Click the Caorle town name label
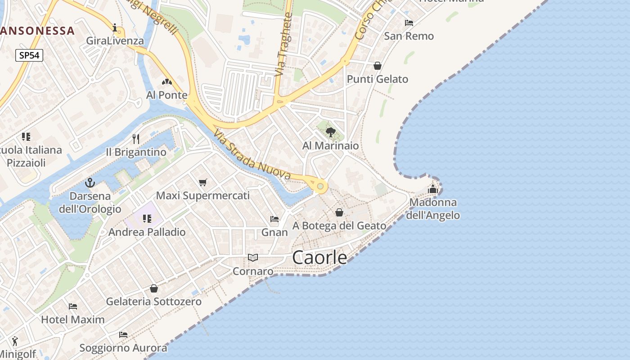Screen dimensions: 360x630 (319, 257)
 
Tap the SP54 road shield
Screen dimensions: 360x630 (29, 55)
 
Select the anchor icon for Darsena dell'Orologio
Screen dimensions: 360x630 (90, 183)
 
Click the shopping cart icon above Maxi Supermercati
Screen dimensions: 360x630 (202, 182)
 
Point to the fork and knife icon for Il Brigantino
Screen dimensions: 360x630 (136, 139)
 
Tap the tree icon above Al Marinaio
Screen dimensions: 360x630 (330, 132)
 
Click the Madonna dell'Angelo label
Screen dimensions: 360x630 (433, 209)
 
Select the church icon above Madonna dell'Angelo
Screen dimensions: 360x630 (433, 189)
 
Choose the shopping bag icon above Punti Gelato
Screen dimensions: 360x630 (378, 66)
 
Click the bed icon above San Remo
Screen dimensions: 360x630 (409, 23)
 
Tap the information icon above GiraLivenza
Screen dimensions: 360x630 (115, 28)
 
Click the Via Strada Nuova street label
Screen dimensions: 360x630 (252, 155)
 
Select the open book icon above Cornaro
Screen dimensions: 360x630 (253, 258)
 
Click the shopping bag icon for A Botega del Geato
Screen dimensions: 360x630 (339, 212)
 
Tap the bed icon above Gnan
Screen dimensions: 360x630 (274, 219)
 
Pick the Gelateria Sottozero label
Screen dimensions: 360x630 (153, 301)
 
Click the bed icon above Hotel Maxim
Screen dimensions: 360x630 (73, 306)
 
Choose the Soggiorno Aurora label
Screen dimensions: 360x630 (123, 348)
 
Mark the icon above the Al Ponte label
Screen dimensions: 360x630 (166, 82)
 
